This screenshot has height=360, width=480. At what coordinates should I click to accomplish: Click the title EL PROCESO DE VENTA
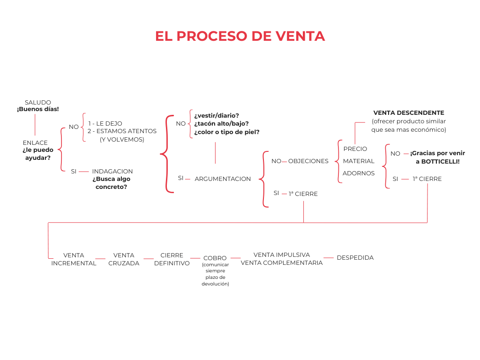point(240,36)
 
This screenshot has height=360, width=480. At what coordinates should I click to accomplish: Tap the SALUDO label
point(38,102)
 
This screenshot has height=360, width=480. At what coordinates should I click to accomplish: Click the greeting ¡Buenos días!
point(38,109)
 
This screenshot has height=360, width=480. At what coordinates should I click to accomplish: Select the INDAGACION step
point(112,172)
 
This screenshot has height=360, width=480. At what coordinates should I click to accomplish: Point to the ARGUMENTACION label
point(223,179)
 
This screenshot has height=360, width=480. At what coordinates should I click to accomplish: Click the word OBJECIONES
point(308,161)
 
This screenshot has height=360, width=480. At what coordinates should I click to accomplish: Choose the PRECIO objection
point(355,149)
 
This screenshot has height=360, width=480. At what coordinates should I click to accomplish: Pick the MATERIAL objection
point(359,161)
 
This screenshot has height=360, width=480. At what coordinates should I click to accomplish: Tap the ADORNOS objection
point(359,173)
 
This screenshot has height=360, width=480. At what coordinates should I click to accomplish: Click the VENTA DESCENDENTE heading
point(409,113)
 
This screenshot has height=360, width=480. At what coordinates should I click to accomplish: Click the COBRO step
point(215,258)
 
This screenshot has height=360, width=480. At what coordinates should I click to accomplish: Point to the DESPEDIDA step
point(355,258)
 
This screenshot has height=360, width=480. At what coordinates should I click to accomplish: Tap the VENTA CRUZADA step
point(124,259)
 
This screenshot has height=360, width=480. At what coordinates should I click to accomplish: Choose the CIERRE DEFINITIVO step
point(172,259)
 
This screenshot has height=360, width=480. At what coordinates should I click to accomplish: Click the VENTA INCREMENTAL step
point(74,259)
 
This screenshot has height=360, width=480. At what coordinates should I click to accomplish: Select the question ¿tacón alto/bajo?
point(221,124)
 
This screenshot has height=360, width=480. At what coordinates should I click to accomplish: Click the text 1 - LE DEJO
point(105,124)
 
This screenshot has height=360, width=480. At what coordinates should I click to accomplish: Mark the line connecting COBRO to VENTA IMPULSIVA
point(235,258)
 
